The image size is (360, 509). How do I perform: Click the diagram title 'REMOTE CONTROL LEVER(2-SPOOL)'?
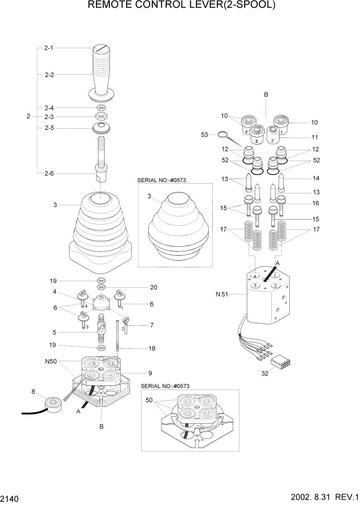[x=182, y=6]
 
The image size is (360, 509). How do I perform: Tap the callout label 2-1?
[x=49, y=48]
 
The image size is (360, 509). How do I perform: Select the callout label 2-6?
[x=49, y=173]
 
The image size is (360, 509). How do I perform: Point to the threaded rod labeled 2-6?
[x=101, y=154]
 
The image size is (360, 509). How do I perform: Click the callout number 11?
[x=315, y=138]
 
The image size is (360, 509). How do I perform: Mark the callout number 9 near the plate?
[x=150, y=373]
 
